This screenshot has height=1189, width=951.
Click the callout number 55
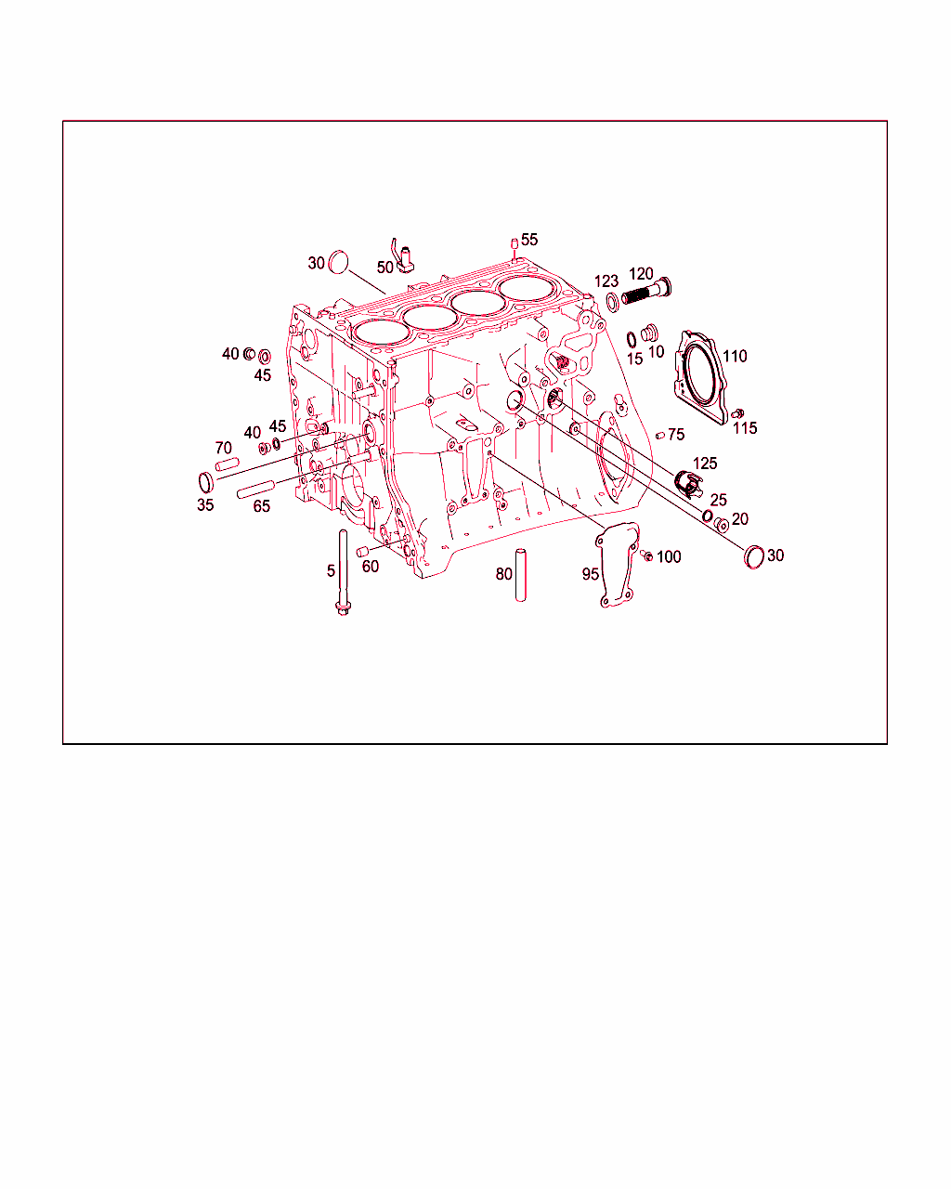pos(528,240)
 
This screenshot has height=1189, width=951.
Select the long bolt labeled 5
pos(343,572)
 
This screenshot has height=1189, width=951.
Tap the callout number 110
pos(735,357)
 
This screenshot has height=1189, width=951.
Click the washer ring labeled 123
pos(613,303)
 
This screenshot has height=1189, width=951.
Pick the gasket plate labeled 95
pos(618,565)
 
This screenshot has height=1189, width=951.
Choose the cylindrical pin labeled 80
pos(520,575)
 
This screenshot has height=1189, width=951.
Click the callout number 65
pos(261,506)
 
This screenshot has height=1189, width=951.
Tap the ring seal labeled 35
pos(205,483)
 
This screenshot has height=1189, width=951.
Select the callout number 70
pos(223,448)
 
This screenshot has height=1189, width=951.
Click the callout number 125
pos(705,463)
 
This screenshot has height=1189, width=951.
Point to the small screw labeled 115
pos(737,413)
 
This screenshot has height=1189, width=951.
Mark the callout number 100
pos(669,557)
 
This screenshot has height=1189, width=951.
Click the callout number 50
pos(384,268)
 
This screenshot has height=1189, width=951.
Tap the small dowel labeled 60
pos(362,551)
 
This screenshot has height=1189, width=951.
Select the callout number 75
pos(676,435)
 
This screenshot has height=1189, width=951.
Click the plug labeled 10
pos(649,333)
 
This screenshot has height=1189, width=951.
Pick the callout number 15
pos(634,359)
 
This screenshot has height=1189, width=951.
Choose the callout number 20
pos(740,519)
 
